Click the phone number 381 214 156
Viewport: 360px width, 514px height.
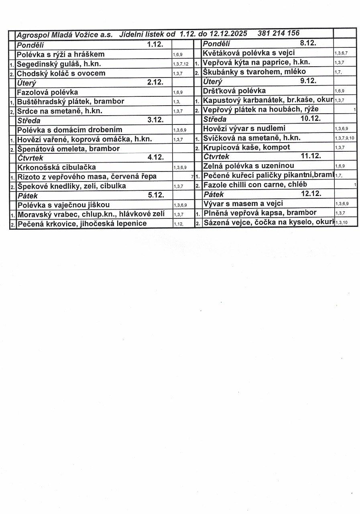click(279, 33)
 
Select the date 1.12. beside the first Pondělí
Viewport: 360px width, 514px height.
click(155, 44)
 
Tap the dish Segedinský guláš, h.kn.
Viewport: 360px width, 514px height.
click(59, 63)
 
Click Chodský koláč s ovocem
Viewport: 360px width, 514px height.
click(61, 73)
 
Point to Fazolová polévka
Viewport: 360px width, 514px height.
click(47, 92)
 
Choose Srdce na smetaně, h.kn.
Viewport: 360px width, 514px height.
click(59, 111)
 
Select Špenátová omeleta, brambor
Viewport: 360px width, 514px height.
click(68, 149)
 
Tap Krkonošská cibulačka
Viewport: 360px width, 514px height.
click(57, 167)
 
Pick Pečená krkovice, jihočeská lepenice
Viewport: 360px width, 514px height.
click(82, 223)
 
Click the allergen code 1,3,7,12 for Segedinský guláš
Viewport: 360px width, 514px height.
click(181, 64)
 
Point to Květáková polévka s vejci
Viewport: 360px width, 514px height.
click(249, 53)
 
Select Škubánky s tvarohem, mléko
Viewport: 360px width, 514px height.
click(254, 71)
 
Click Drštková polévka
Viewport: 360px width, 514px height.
click(234, 91)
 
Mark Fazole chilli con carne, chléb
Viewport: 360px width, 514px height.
click(255, 185)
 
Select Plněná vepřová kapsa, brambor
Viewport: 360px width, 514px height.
click(260, 213)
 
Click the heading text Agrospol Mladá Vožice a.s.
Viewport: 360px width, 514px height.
click(65, 35)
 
